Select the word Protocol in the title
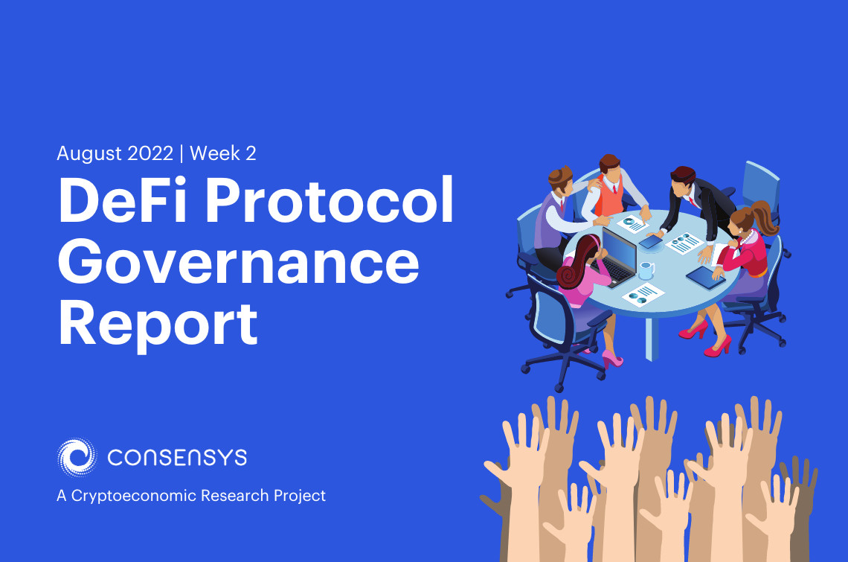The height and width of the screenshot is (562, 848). (x=335, y=203)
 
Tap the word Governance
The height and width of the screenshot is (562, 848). (x=239, y=264)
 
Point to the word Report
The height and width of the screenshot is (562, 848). (x=158, y=325)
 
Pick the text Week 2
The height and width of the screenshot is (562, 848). (x=223, y=154)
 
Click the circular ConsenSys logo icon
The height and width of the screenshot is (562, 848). (x=77, y=457)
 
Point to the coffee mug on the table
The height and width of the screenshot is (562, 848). (x=646, y=270)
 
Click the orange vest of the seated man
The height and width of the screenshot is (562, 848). (x=610, y=199)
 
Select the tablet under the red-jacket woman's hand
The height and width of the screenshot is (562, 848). (x=704, y=277)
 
